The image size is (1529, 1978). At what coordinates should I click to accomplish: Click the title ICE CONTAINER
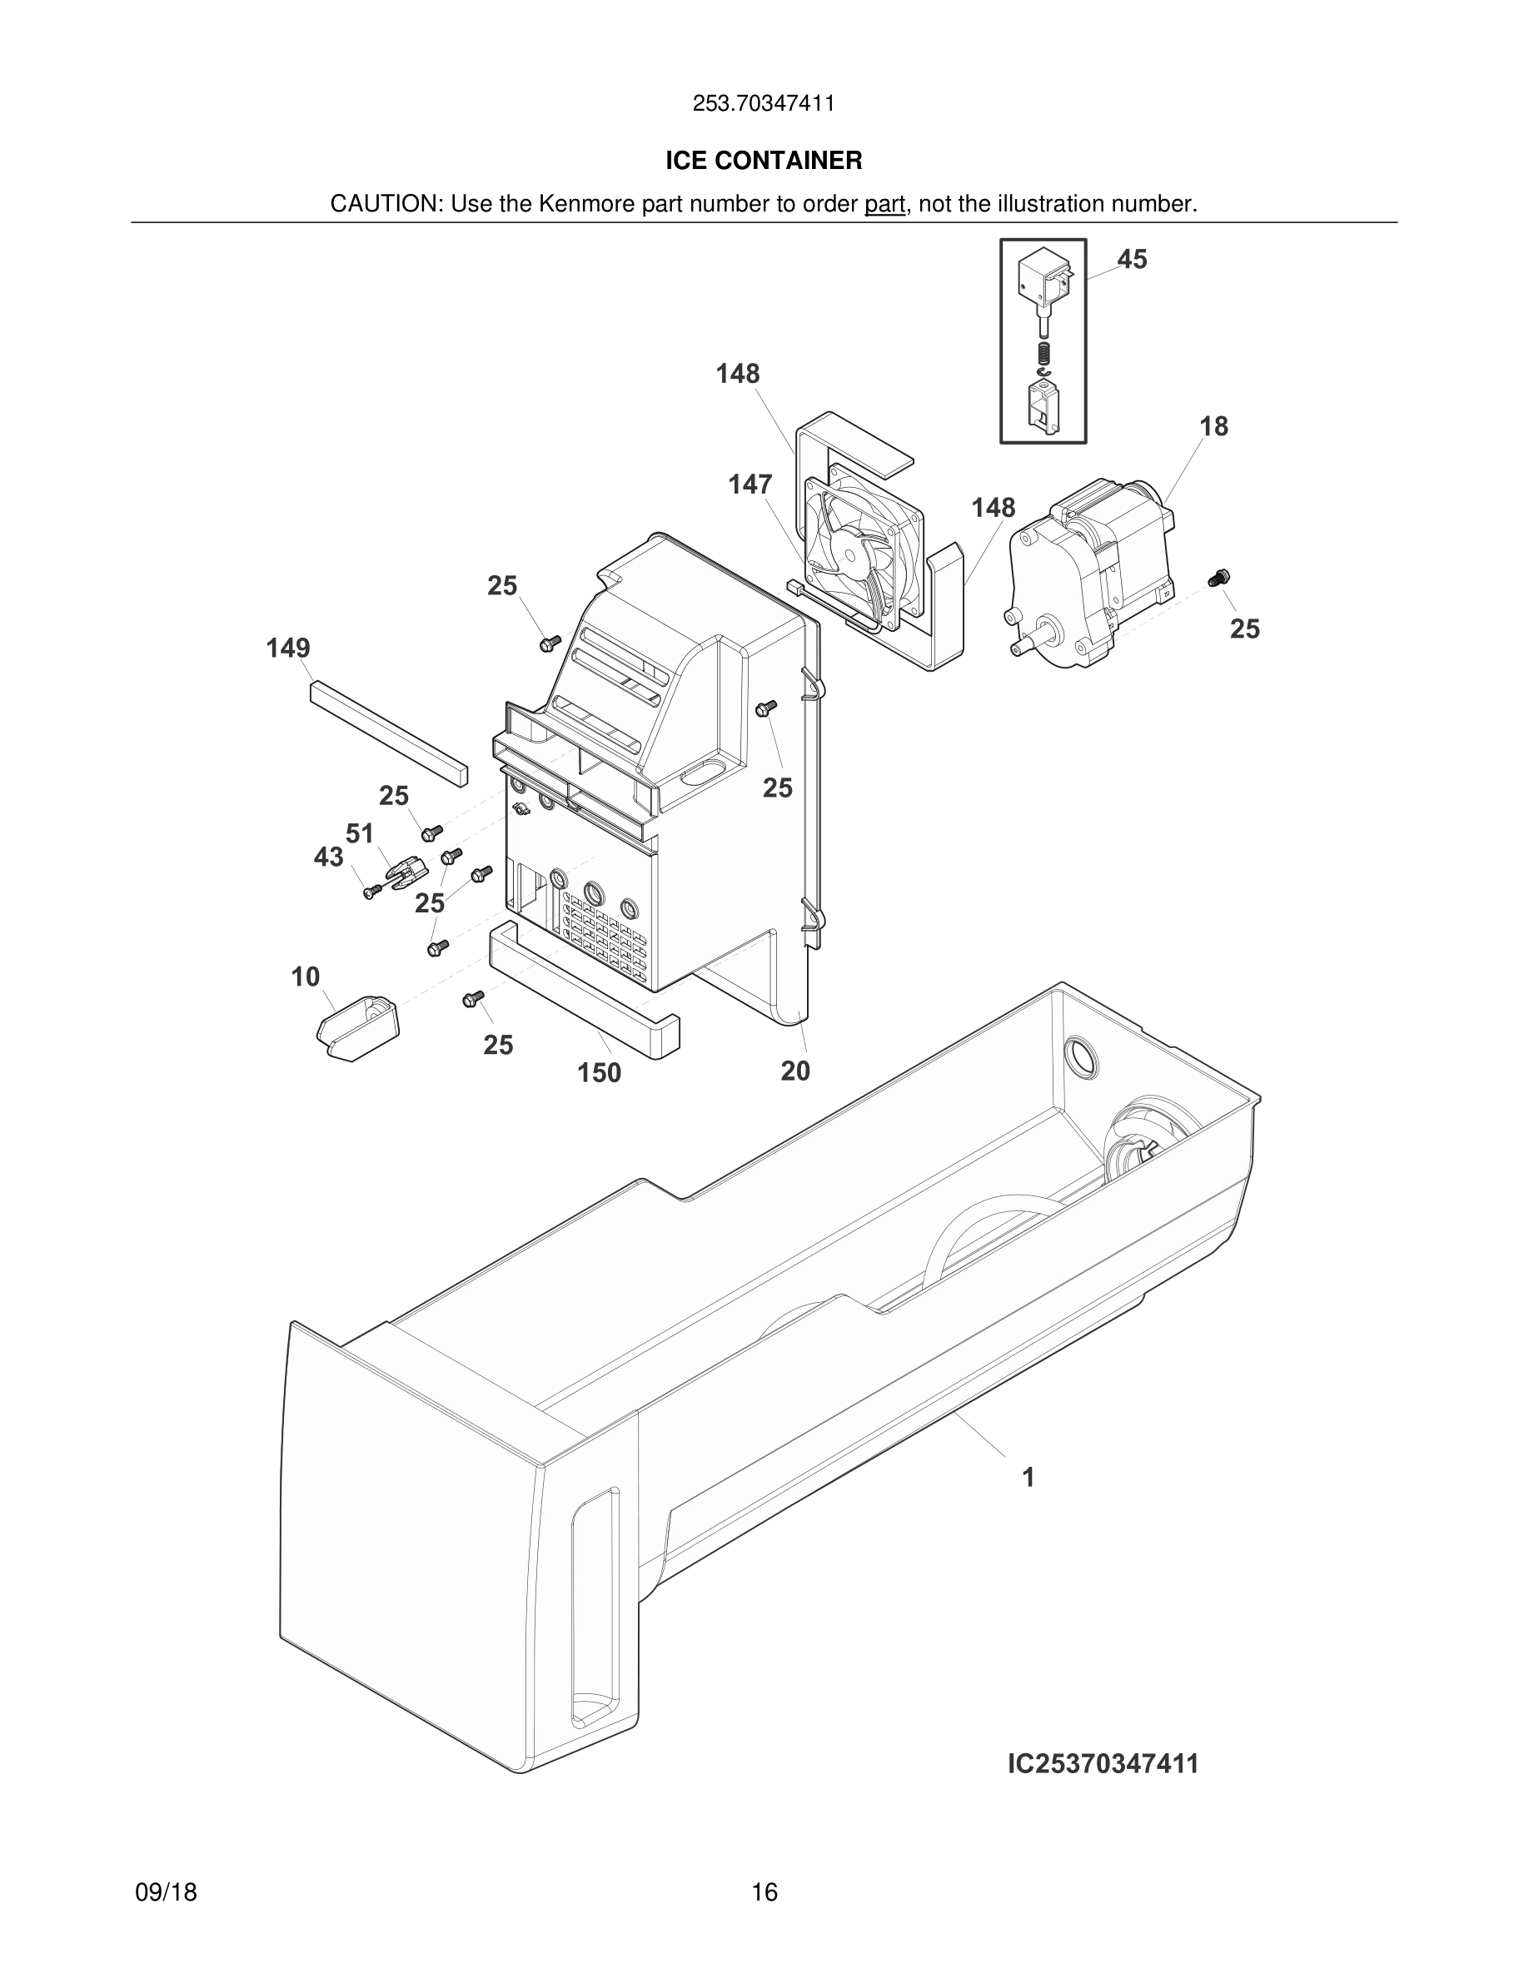pyautogui.click(x=764, y=161)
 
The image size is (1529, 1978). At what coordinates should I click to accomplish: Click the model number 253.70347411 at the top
pyautogui.click(x=764, y=103)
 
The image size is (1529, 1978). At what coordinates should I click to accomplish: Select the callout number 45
pyautogui.click(x=1132, y=259)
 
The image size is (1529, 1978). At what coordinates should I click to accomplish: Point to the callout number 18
pyautogui.click(x=1213, y=425)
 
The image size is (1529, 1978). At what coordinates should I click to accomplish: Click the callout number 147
pyautogui.click(x=750, y=485)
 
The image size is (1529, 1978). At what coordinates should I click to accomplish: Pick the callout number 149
pyautogui.click(x=288, y=648)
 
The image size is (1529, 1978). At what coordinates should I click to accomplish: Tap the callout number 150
pyautogui.click(x=599, y=1072)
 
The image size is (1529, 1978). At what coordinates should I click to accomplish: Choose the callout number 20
pyautogui.click(x=795, y=1071)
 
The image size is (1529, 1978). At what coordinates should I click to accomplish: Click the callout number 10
pyautogui.click(x=306, y=977)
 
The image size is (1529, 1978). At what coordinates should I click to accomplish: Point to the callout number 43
pyautogui.click(x=328, y=856)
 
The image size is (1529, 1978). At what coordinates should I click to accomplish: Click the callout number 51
pyautogui.click(x=360, y=832)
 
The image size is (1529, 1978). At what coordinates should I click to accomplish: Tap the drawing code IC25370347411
pyautogui.click(x=1103, y=1763)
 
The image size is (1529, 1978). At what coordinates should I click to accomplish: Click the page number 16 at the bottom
pyautogui.click(x=764, y=1892)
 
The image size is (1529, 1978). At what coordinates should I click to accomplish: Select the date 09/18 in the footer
pyautogui.click(x=166, y=1892)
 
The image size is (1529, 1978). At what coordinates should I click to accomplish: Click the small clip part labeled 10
pyautogui.click(x=358, y=1027)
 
